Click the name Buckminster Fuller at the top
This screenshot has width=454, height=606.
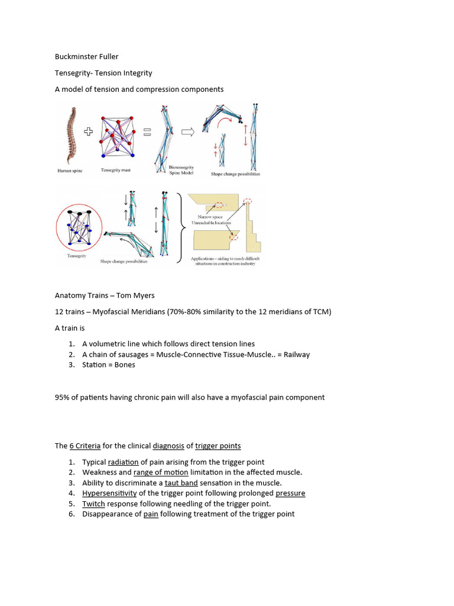86,57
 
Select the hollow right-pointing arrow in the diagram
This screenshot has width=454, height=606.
187,133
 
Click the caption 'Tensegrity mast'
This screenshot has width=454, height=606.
116,170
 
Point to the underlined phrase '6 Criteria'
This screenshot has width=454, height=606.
85,446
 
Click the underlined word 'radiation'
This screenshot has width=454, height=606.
123,462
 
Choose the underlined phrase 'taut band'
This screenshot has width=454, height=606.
181,483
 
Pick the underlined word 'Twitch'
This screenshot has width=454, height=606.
93,504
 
